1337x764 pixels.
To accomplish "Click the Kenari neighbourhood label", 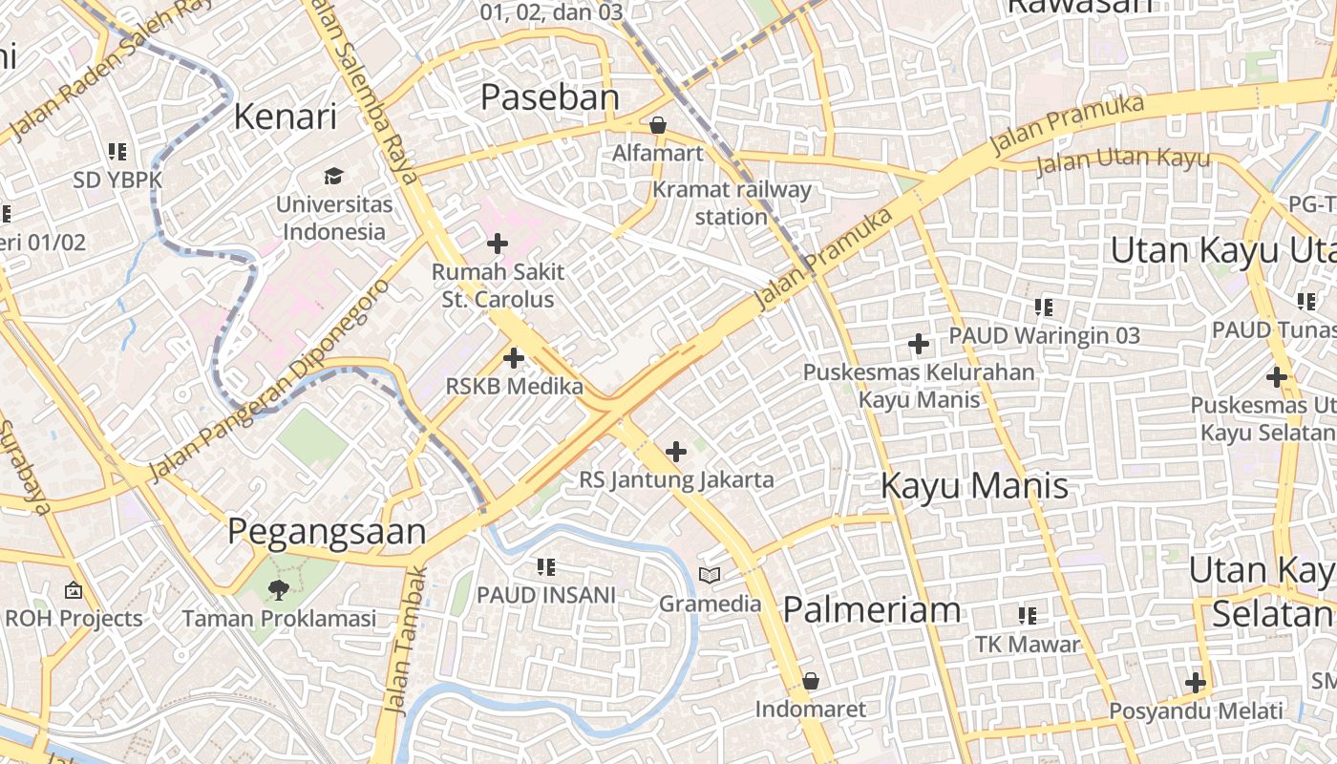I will click(286, 117).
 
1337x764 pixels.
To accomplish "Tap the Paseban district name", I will click(549, 96).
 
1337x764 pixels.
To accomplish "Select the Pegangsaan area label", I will click(327, 532).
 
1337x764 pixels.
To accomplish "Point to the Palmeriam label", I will click(871, 609).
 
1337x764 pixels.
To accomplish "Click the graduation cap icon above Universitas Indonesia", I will click(332, 176).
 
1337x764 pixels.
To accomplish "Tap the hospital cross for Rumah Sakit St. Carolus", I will click(497, 244).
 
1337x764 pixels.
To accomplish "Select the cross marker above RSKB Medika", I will click(514, 358).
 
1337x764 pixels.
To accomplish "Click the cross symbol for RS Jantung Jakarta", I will click(676, 451).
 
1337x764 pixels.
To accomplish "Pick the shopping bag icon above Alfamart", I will click(657, 125).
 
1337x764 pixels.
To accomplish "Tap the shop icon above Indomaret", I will click(810, 681).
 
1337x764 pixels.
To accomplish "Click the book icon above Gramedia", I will click(709, 575).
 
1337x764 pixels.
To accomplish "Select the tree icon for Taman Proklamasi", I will click(278, 589).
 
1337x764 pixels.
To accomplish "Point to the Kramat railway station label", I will click(732, 202).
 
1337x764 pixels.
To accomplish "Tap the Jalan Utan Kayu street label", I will click(1123, 160).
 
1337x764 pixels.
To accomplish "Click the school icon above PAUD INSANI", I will click(545, 567).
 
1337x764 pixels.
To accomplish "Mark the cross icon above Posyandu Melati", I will click(1195, 683).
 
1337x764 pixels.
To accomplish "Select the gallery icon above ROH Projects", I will click(73, 590).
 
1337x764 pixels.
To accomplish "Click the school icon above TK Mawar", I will click(1027, 616).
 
